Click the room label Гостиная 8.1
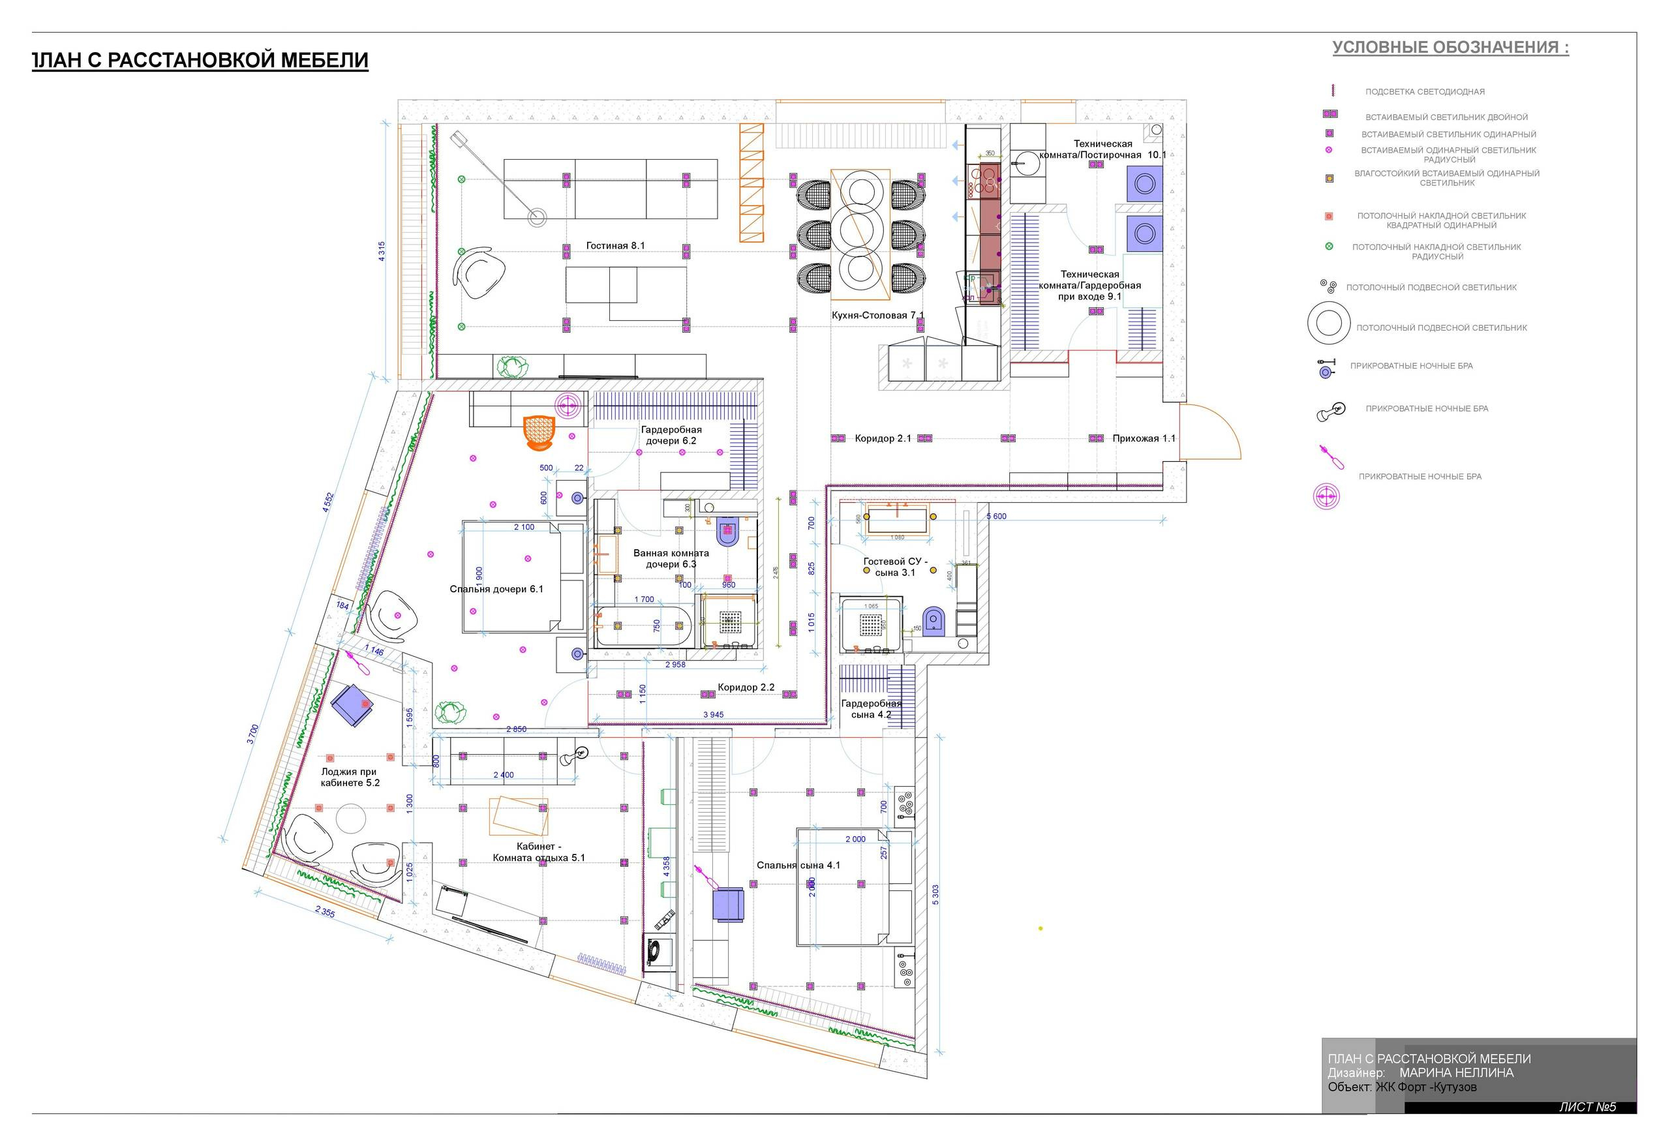[615, 246]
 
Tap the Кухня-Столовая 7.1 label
[877, 316]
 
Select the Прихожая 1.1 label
[1144, 439]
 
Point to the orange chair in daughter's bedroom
[539, 432]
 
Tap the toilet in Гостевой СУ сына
[933, 622]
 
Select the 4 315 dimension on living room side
[382, 251]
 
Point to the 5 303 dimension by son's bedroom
[935, 895]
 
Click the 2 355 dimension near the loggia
[325, 912]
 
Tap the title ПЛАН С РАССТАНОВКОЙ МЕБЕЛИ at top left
[201, 61]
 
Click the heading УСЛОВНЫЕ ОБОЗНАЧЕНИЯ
[1450, 48]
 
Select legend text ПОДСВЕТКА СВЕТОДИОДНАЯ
[1424, 92]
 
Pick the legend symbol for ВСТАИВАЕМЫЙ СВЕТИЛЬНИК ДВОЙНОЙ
[1329, 114]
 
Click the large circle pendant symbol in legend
[1328, 324]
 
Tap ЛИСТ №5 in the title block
[1586, 1107]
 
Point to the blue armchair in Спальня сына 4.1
[727, 905]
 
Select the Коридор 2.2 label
[745, 687]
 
